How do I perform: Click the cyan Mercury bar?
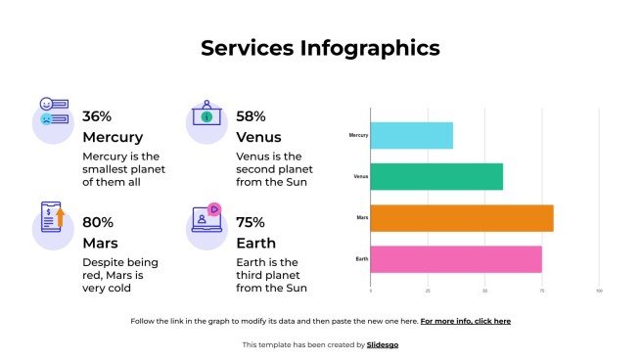tap(411, 135)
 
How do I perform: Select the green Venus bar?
tap(436, 176)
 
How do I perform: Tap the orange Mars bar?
tap(462, 218)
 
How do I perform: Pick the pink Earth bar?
tap(456, 259)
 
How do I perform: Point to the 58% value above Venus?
tap(251, 115)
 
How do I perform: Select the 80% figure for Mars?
tap(98, 222)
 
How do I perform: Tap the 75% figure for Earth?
tap(251, 222)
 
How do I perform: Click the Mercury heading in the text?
tap(113, 137)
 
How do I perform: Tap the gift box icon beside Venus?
tap(206, 114)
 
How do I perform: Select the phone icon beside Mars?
tap(53, 218)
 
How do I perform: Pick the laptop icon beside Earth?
tap(206, 219)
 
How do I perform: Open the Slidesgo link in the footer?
tap(383, 344)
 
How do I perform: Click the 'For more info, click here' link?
tap(466, 321)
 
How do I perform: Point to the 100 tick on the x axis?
tap(599, 291)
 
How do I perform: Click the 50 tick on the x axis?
tap(484, 291)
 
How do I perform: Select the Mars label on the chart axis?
tap(362, 218)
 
